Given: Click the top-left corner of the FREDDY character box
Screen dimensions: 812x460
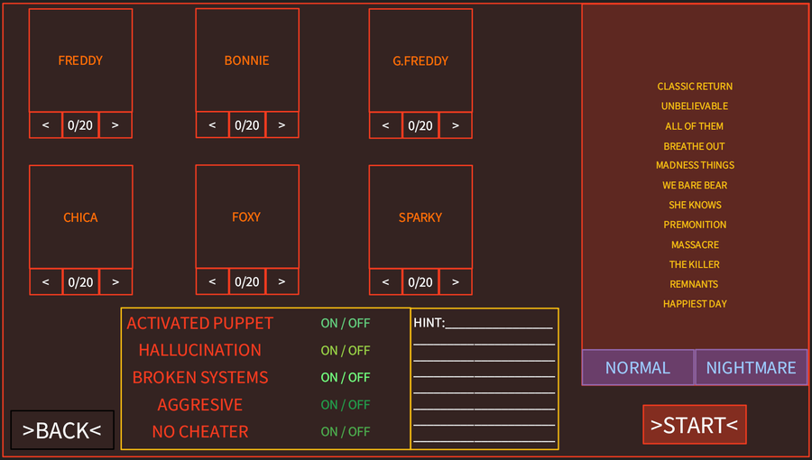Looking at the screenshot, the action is tap(29, 9).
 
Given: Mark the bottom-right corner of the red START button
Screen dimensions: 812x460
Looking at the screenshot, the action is tap(746, 444).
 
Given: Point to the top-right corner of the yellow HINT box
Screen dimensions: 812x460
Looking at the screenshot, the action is tap(558, 308).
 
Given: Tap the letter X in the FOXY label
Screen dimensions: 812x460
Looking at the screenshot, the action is tap(249, 216).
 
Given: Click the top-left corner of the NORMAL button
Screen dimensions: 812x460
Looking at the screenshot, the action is tap(582, 350).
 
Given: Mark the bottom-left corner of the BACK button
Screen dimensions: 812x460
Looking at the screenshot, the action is tap(11, 448).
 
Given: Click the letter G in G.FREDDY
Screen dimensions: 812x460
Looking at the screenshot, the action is tap(397, 61).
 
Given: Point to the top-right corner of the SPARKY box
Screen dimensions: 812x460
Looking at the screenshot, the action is tap(472, 166).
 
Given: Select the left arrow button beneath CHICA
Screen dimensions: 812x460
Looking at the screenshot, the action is tap(46, 282).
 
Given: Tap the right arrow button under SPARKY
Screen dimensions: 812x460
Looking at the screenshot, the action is tap(456, 282).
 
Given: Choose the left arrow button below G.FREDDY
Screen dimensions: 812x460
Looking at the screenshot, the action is tap(385, 125).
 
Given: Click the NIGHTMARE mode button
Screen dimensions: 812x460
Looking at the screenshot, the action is tap(751, 367).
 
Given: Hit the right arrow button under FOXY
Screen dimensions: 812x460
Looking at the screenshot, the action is tap(281, 281).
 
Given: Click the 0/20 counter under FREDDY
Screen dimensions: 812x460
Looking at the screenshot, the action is tap(80, 125).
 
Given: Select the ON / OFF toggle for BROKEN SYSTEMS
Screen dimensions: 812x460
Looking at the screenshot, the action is tap(346, 377).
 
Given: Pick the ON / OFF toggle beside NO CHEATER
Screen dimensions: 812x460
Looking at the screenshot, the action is tap(346, 431).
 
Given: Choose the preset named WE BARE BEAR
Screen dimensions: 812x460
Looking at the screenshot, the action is tap(695, 185).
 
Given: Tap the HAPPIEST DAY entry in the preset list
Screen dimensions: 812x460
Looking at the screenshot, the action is tap(695, 304).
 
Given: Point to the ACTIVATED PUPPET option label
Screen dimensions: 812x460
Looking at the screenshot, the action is tap(200, 323).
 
